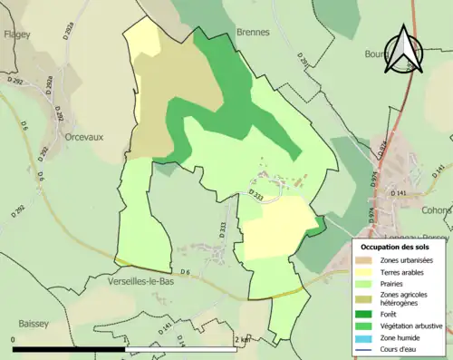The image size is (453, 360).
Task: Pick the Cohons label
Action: click(438, 210)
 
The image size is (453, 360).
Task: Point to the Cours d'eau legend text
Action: click(402, 348)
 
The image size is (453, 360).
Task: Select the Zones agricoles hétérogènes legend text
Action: click(405, 297)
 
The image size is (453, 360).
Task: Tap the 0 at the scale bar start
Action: click(14, 339)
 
